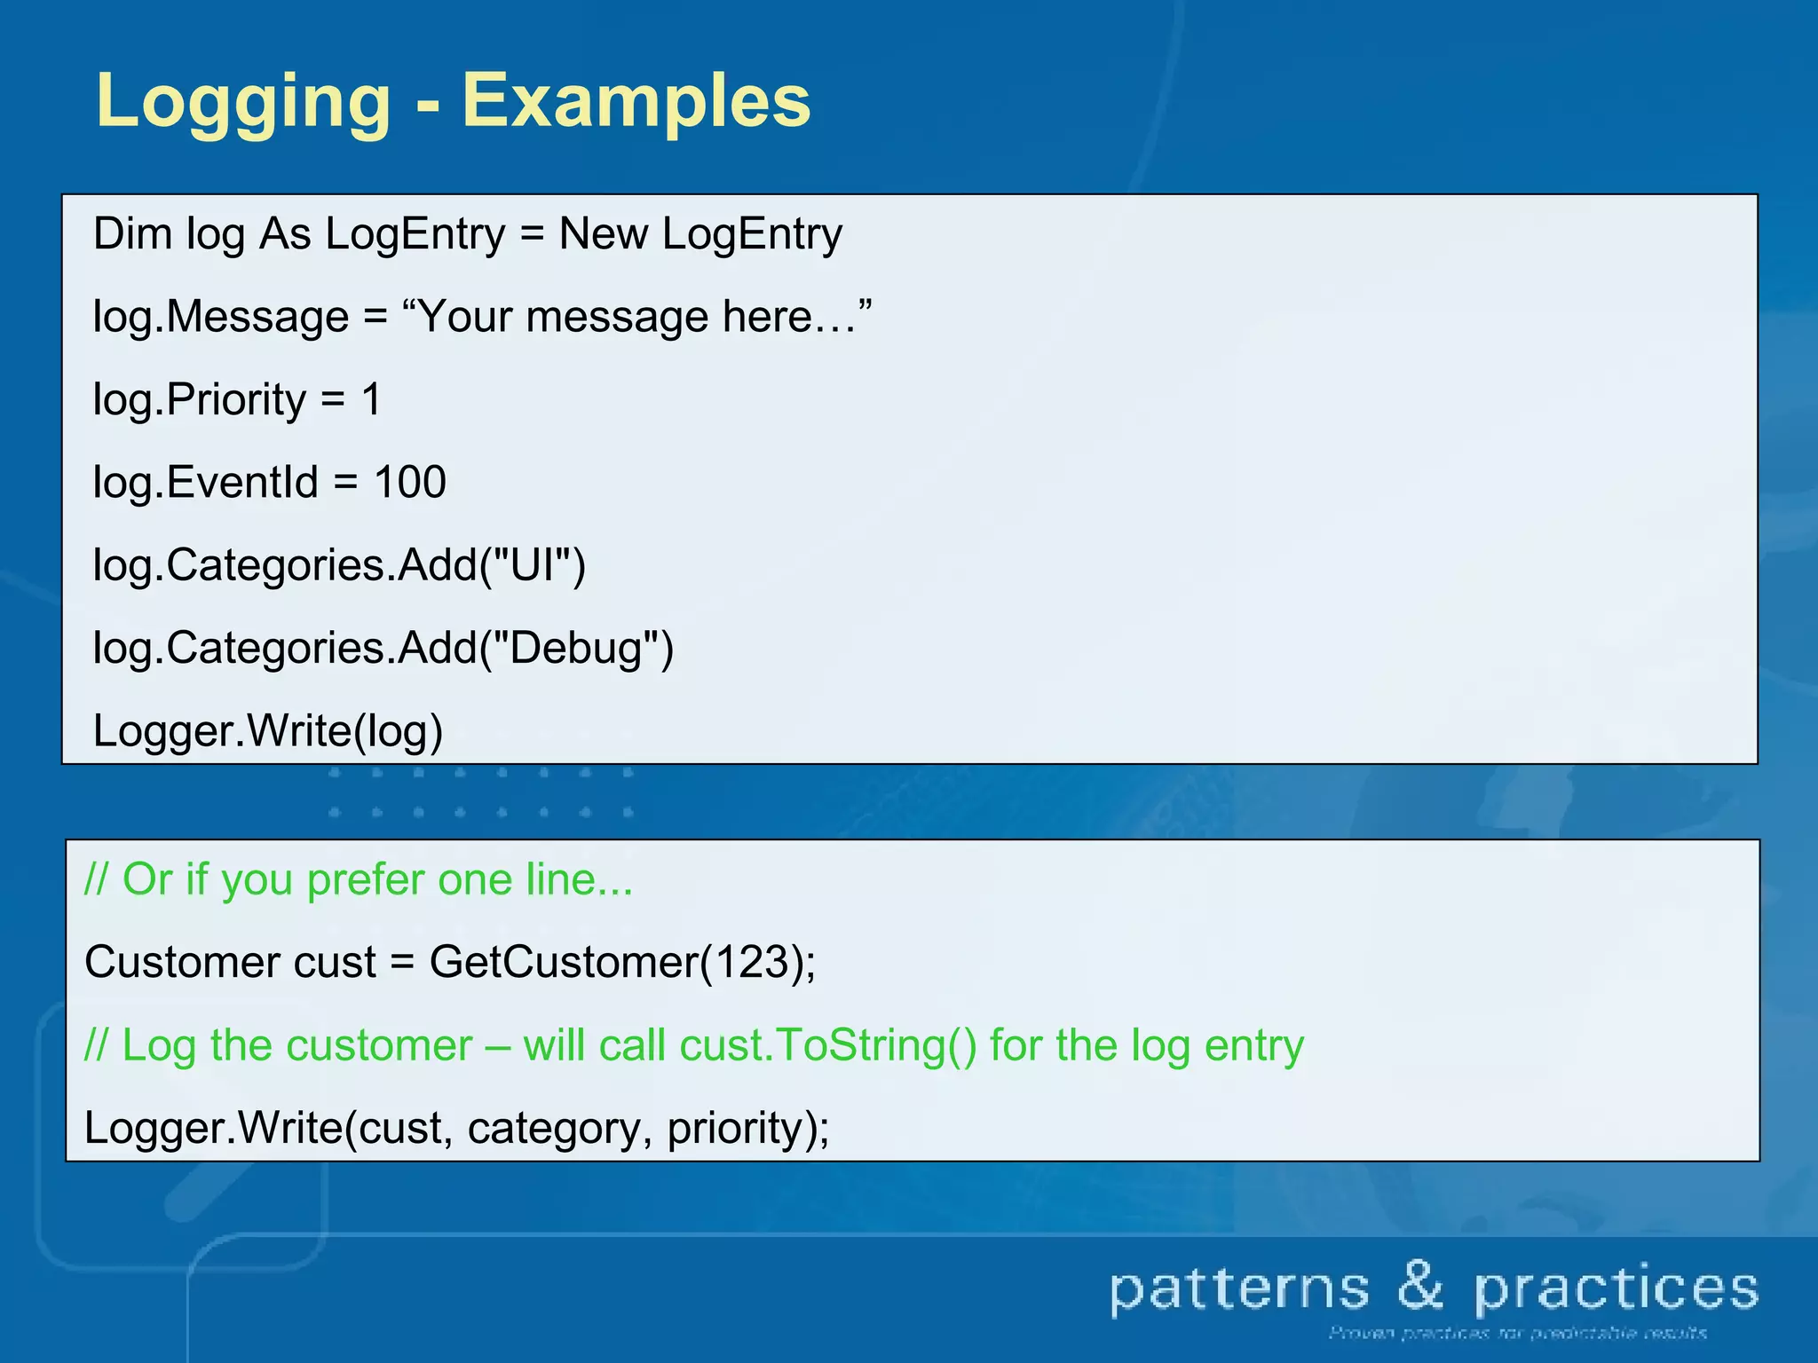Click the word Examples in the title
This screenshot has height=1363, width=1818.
[x=636, y=102]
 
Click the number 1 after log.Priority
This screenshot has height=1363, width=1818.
[x=371, y=399]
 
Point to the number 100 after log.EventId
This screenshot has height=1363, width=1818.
[x=409, y=482]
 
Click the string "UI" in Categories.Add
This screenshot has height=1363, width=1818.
[x=532, y=564]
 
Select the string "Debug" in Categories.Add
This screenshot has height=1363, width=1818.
[x=576, y=648]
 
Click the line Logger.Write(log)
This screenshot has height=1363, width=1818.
[x=268, y=731]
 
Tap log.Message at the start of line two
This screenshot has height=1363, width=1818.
[x=221, y=317]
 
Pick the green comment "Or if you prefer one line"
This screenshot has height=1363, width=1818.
[x=359, y=879]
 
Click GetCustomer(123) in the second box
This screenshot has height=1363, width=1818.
[x=621, y=962]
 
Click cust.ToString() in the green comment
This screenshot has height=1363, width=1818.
[x=827, y=1045]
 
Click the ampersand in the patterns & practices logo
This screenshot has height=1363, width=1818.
[x=1421, y=1287]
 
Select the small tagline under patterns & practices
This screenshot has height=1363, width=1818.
[x=1517, y=1333]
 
